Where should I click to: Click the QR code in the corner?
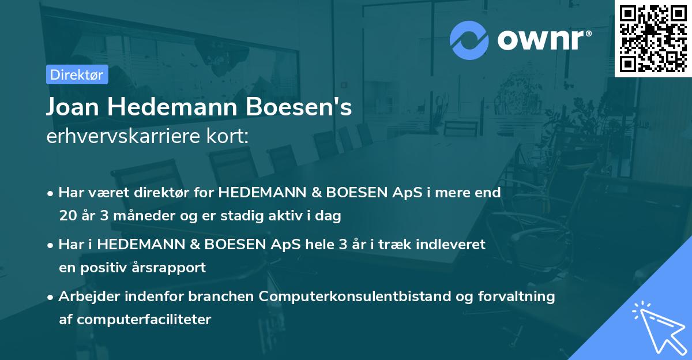(x=653, y=39)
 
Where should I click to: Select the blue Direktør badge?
(x=77, y=74)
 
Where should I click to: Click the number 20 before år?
(x=67, y=216)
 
